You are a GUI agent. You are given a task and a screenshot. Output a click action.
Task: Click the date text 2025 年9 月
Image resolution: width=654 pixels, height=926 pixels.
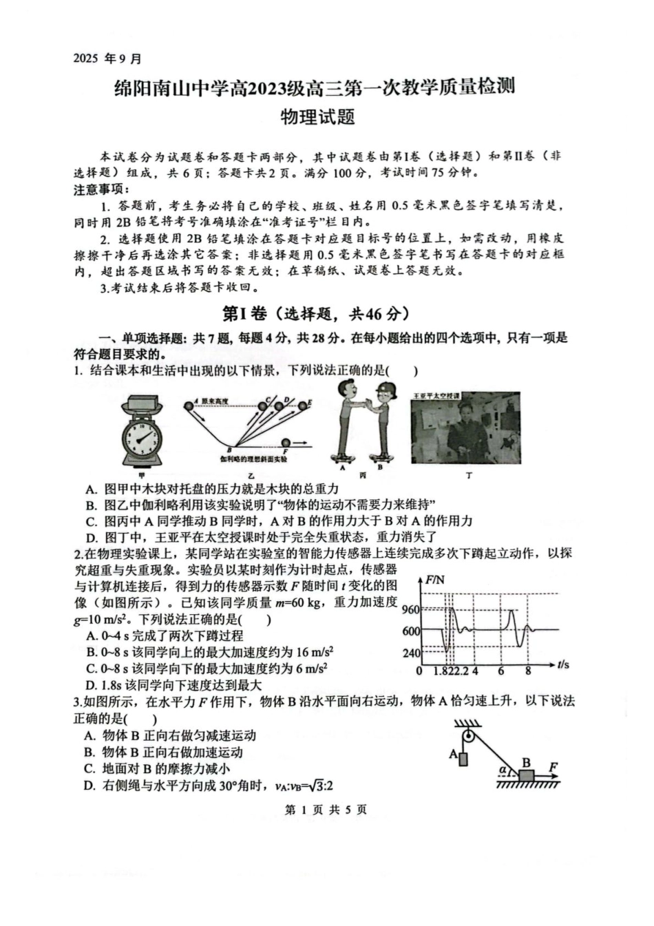pos(107,59)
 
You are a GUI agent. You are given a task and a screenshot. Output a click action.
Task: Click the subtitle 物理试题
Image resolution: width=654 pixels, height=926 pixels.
pos(318,117)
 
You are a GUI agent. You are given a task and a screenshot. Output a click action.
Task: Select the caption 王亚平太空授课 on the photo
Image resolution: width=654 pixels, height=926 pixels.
pos(436,397)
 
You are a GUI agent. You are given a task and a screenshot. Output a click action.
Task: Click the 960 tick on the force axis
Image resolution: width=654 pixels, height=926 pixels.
pos(410,609)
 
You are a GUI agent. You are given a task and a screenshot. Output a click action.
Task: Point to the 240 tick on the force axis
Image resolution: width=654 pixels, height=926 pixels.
pos(410,653)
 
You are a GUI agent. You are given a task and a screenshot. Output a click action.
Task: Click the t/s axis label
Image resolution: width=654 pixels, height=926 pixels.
pos(562,664)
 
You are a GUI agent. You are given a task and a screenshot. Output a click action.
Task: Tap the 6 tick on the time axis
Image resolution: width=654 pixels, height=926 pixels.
pos(500,671)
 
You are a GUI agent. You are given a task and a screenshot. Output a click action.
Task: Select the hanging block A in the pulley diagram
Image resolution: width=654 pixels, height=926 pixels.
pos(462,759)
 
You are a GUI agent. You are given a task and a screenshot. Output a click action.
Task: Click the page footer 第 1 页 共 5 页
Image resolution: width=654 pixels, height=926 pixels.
pos(326,810)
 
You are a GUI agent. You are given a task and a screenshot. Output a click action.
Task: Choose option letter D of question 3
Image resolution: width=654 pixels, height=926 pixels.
pos(89,786)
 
